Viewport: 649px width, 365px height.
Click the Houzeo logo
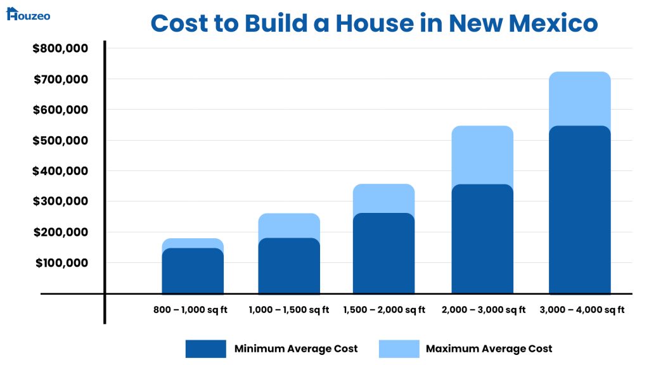click(28, 14)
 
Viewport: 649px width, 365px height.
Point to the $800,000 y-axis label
click(60, 48)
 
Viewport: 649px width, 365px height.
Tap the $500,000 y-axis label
click(60, 140)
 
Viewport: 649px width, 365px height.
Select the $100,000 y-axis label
click(60, 262)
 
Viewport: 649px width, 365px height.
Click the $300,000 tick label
click(60, 202)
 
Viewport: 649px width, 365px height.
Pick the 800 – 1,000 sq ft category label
click(190, 310)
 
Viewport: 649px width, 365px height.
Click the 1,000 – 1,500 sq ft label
click(289, 310)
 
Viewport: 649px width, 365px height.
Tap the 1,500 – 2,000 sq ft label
click(384, 310)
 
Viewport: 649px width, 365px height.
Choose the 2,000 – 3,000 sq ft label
click(482, 310)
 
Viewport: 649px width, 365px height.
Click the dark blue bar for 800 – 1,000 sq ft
click(193, 271)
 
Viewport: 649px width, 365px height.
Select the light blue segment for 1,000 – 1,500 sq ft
click(289, 225)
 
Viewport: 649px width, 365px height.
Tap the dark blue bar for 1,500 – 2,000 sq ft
click(383, 253)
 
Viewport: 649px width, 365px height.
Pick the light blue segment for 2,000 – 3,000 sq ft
click(482, 154)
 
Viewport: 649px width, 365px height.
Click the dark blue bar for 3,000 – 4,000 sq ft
click(580, 209)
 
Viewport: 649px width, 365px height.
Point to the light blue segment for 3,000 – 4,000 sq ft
click(580, 98)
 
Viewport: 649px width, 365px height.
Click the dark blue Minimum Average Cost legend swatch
click(205, 349)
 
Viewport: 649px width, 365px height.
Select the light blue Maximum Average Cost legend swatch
click(399, 349)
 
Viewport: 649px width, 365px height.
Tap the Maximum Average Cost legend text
click(489, 349)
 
